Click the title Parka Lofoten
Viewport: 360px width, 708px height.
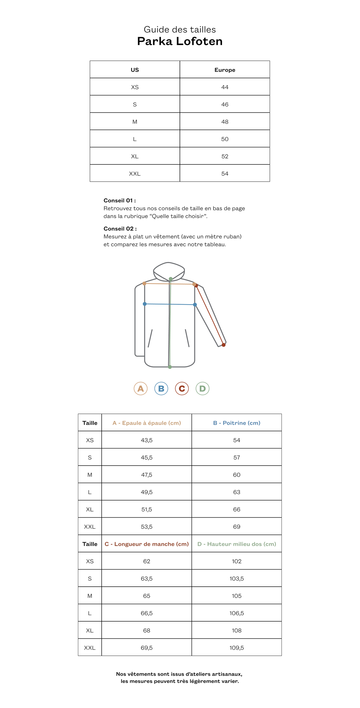(x=180, y=41)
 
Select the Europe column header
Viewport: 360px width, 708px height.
(x=225, y=70)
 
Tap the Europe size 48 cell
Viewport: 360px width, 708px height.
(x=225, y=122)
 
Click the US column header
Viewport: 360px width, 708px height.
(x=135, y=70)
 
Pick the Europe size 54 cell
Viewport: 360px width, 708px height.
(x=225, y=174)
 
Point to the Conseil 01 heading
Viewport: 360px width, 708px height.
(x=120, y=200)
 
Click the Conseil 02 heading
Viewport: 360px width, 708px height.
(x=120, y=229)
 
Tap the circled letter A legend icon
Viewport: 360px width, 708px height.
(x=141, y=389)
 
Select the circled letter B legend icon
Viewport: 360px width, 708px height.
(x=161, y=389)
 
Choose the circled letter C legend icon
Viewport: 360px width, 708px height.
(x=182, y=389)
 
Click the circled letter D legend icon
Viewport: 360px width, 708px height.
(x=203, y=389)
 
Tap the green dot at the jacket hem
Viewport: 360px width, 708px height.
(x=170, y=367)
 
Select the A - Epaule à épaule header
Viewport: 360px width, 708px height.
(x=147, y=423)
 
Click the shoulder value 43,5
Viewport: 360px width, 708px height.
(x=147, y=440)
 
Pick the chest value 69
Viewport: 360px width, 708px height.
(x=237, y=527)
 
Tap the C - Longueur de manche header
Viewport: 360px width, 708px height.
(x=147, y=544)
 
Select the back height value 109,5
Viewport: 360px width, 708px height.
(x=237, y=648)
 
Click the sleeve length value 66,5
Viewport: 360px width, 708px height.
(x=147, y=613)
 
